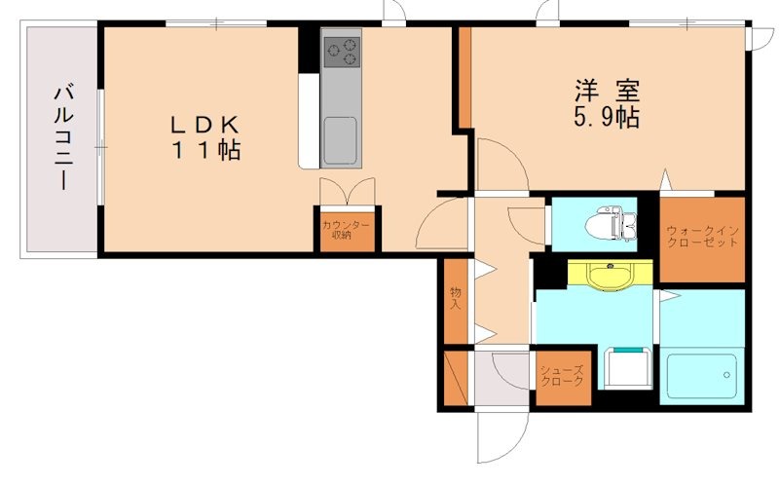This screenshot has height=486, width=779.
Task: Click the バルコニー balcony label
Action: tap(63, 138)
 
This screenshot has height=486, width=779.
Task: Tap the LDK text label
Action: tap(205, 125)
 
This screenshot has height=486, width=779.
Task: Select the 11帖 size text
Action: tap(206, 150)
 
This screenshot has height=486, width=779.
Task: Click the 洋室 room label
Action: tap(607, 92)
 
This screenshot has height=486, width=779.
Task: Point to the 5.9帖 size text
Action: tap(606, 118)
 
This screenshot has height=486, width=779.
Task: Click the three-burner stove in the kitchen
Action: tap(343, 53)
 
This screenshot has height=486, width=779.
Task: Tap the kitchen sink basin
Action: tap(340, 140)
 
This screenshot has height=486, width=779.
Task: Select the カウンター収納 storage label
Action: tap(346, 230)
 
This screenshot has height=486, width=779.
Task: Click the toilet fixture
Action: tap(612, 225)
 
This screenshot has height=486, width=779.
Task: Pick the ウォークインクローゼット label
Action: tap(702, 237)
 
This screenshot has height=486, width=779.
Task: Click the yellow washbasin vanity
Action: tap(611, 274)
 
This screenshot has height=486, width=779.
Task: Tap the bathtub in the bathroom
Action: tap(702, 375)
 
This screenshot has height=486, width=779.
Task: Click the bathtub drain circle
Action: tap(726, 375)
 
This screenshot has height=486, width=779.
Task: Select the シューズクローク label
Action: tap(563, 376)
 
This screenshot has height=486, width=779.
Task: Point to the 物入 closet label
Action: tap(455, 298)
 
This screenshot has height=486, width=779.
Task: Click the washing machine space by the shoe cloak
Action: tap(628, 368)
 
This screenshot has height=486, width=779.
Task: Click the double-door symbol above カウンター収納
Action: tap(348, 191)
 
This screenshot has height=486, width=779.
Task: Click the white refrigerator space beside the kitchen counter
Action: tap(309, 122)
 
